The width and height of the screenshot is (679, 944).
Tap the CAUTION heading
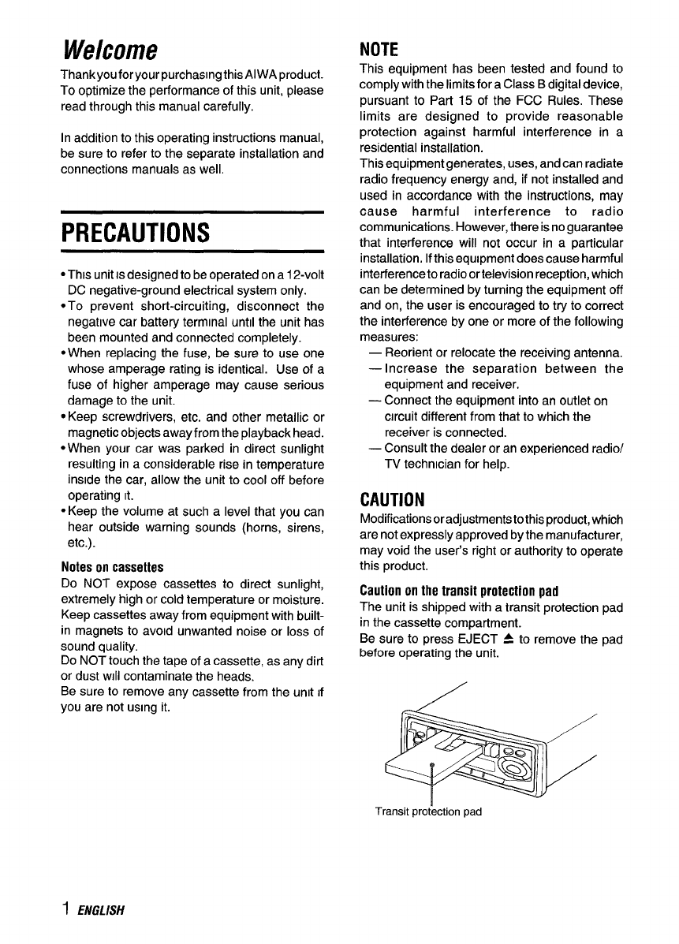pos(392,499)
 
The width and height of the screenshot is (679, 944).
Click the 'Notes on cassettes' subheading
pos(112,567)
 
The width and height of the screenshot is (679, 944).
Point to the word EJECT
pos(483,638)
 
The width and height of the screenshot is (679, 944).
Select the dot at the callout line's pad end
pos(432,766)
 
